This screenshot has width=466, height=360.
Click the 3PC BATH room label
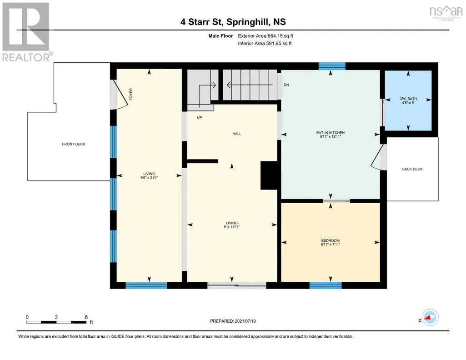pos(408,99)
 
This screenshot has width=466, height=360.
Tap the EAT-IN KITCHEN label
pos(330,133)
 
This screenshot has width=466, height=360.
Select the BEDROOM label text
pos(330,240)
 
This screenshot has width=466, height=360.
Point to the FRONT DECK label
pos(73,144)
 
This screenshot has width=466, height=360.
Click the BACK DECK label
pos(412,169)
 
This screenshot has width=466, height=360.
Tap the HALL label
pos(236,134)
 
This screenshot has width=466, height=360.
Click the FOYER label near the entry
pos(131,94)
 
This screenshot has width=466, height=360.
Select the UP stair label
pos(199,117)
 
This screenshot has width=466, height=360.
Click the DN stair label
pos(286,85)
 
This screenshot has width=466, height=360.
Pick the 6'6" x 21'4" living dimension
pos(149,178)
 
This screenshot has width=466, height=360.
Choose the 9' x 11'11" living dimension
pos(231,227)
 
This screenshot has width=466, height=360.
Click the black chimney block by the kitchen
pos(269,175)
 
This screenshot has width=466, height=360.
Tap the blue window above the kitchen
pos(332,66)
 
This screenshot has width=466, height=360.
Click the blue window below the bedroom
pos(326,285)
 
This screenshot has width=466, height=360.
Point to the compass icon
pos(430,317)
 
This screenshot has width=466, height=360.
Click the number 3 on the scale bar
pos(56,317)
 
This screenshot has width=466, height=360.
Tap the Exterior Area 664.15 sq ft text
pos(266,36)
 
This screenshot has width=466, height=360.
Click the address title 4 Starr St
pos(202,22)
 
